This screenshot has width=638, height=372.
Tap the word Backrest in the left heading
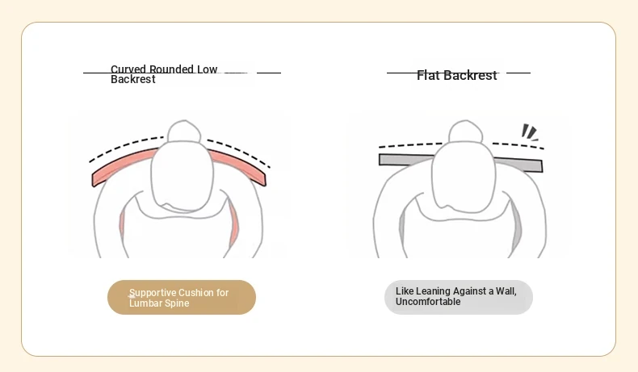(132, 80)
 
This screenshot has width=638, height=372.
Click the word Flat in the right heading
(429, 75)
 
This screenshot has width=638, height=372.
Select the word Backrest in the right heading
(470, 75)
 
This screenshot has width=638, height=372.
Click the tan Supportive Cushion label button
(181, 298)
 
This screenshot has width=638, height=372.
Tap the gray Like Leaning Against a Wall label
(458, 297)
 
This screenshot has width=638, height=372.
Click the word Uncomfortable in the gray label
(428, 302)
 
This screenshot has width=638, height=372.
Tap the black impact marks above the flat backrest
(530, 132)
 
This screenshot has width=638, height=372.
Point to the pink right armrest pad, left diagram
(233, 226)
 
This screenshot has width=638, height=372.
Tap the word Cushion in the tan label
(195, 293)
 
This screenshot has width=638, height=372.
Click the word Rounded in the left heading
(172, 69)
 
